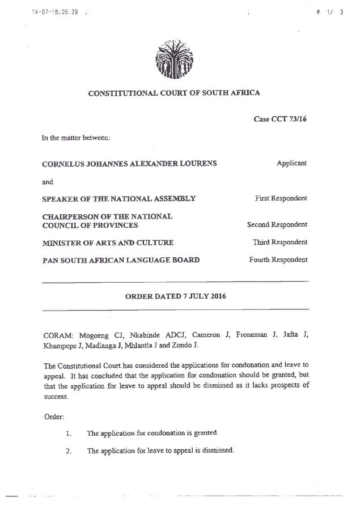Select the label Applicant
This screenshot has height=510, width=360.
coord(291,163)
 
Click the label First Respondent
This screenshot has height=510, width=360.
coord(281,198)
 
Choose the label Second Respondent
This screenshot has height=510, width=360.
coord(277,224)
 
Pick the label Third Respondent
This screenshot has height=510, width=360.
coord(280,242)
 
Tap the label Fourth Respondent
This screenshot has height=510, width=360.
coord(278,260)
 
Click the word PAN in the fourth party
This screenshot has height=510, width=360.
coord(50,260)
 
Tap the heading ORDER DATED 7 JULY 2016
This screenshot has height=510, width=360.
coord(175,296)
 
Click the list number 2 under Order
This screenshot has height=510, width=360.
coord(67,451)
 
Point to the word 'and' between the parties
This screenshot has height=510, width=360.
coord(48,182)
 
